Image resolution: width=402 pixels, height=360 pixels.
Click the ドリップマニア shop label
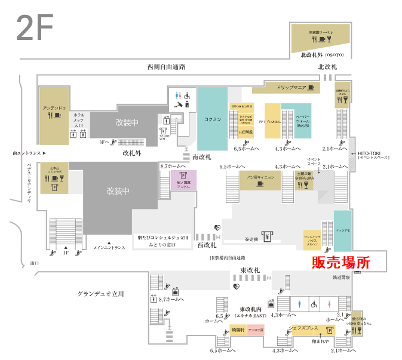[291, 88]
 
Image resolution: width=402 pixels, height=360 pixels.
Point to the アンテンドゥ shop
[54, 109]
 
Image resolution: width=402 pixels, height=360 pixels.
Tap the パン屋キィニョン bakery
[260, 177]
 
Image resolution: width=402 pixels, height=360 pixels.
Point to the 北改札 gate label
[327, 67]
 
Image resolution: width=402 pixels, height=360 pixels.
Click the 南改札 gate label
[202, 156]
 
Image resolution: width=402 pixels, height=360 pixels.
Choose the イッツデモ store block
[342, 228]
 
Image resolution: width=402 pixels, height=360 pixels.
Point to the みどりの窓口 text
[161, 244]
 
